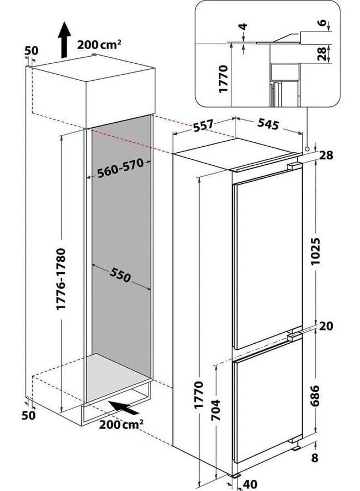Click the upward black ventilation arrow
pyautogui.click(x=64, y=39)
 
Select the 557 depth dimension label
pyautogui.click(x=203, y=125)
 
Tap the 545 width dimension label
pyautogui.click(x=268, y=124)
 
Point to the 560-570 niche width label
pyautogui.click(x=120, y=168)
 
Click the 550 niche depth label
pyautogui.click(x=120, y=275)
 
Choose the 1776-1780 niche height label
pyautogui.click(x=61, y=279)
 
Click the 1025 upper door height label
pyautogui.click(x=316, y=251)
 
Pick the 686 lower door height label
pyautogui.click(x=315, y=396)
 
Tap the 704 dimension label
pyautogui.click(x=215, y=410)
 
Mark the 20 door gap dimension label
pyautogui.click(x=326, y=326)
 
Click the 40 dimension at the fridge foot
pyautogui.click(x=250, y=484)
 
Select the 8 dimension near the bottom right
pyautogui.click(x=314, y=458)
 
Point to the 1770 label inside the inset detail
pyautogui.click(x=223, y=79)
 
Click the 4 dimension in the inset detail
pyautogui.click(x=244, y=26)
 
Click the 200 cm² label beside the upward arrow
pyautogui.click(x=99, y=45)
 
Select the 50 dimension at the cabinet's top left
pyautogui.click(x=31, y=50)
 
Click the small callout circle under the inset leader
pyautogui.click(x=307, y=149)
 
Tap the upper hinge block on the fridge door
pyautogui.click(x=293, y=166)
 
